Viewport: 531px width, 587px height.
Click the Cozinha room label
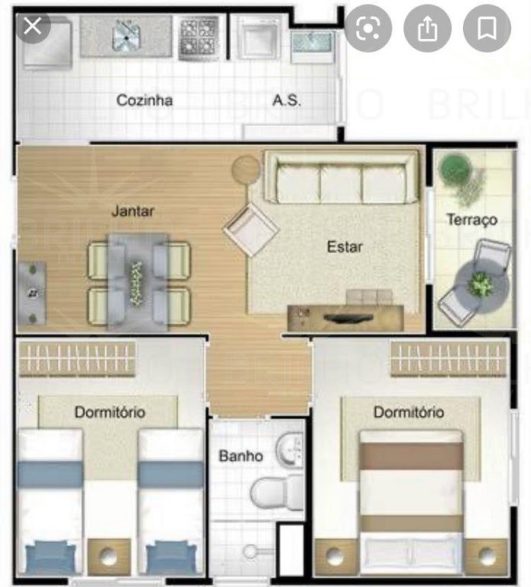(144, 100)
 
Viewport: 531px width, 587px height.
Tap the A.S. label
(287, 100)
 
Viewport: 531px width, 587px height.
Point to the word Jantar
(133, 211)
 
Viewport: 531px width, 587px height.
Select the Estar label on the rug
(345, 247)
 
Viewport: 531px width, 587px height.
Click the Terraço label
(472, 220)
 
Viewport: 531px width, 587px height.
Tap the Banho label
(241, 456)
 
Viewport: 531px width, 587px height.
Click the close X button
(33, 26)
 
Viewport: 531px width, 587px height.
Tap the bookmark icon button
(487, 28)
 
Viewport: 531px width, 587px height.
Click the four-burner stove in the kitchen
(199, 38)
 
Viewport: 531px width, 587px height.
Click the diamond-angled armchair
(251, 229)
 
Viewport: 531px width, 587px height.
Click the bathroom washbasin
(290, 449)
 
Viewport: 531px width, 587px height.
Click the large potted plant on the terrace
(455, 168)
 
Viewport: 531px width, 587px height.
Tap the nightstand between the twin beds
(109, 556)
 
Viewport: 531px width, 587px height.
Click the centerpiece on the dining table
(135, 284)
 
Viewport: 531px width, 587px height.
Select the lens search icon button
(368, 28)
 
